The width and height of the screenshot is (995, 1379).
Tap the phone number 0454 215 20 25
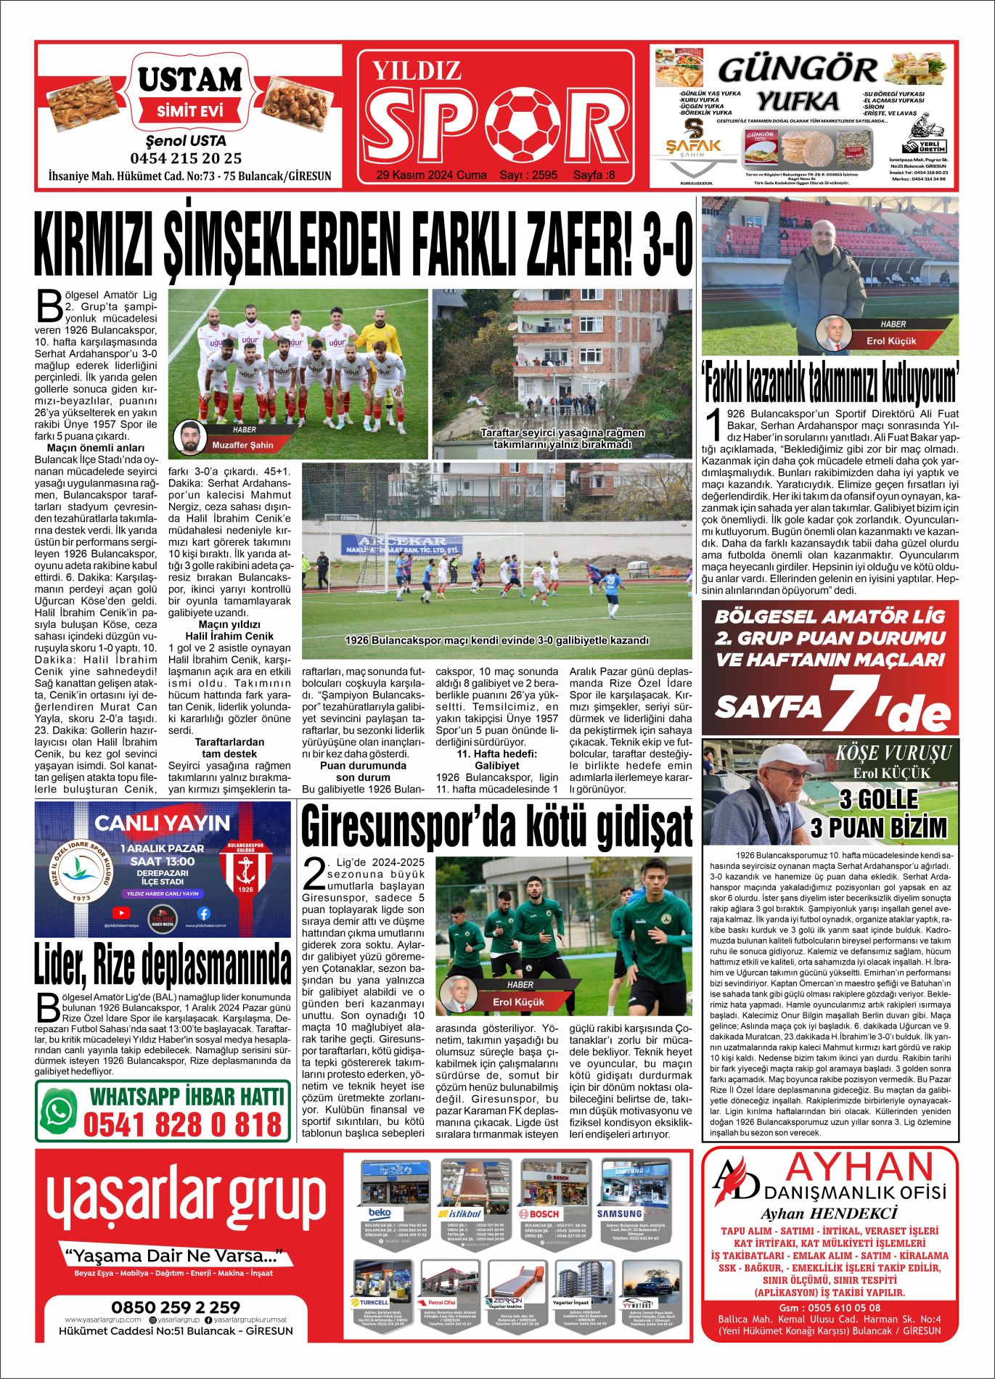tap(186, 158)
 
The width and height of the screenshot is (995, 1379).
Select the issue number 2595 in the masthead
tap(544, 175)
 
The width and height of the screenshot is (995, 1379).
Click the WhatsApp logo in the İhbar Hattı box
tap(59, 1111)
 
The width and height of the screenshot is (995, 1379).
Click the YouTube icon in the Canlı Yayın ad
tap(121, 913)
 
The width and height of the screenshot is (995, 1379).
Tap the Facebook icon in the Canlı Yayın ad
tap(203, 913)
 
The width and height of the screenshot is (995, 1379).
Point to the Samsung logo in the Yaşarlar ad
tap(619, 1214)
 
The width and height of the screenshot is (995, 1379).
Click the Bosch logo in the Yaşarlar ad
tap(539, 1214)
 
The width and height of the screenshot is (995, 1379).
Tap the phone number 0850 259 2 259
tap(176, 1307)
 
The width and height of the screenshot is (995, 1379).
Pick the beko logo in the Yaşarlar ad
tap(380, 1213)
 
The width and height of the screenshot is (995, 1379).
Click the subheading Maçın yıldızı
tap(229, 624)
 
